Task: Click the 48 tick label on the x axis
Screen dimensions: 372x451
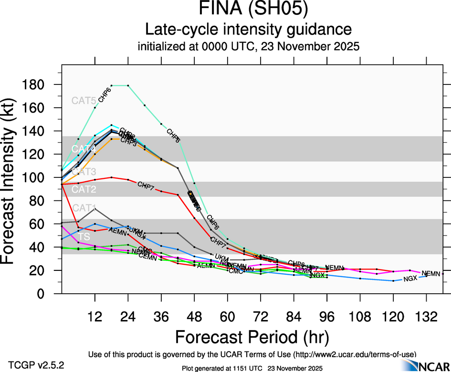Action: click(194, 317)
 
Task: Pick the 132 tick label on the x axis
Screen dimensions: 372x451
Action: click(426, 317)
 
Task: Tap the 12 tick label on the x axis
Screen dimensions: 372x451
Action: click(95, 317)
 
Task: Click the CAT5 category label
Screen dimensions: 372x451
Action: click(84, 101)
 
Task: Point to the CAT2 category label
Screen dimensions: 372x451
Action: click(84, 190)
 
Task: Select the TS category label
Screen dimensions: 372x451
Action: click(84, 237)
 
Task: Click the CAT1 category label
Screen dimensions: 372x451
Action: click(84, 208)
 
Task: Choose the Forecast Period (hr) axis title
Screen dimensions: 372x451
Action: click(252, 337)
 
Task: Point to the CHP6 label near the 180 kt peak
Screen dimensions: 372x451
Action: click(105, 95)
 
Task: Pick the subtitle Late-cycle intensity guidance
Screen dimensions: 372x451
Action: click(248, 30)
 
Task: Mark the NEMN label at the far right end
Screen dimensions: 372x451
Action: click(431, 273)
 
